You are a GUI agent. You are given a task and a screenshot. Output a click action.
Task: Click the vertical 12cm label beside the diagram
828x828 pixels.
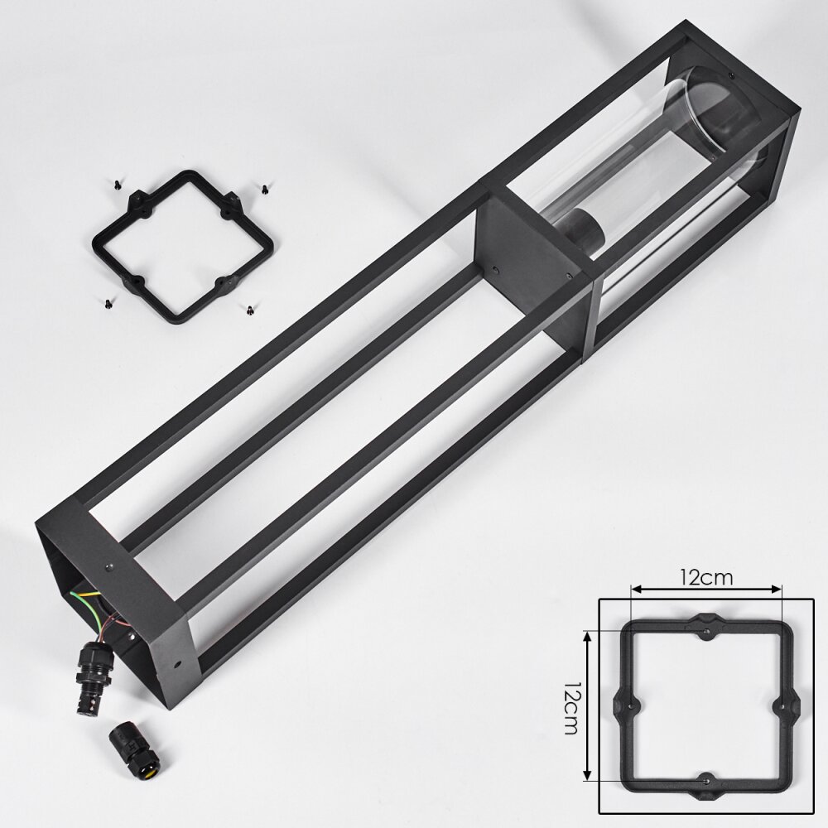pyautogui.click(x=571, y=708)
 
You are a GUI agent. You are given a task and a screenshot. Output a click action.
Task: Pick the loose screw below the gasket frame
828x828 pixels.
pyautogui.click(x=248, y=310)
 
